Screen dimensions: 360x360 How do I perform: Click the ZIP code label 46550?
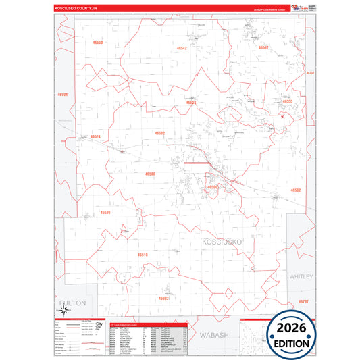coord(98,43)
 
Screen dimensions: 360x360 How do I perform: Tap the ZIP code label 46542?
coord(182,49)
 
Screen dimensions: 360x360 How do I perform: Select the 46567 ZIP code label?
coord(264,47)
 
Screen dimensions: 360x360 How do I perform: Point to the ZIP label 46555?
coord(288,101)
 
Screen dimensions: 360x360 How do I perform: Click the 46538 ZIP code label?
coord(191,103)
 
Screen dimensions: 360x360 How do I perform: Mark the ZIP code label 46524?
coord(95,137)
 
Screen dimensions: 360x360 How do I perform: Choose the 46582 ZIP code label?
coord(160,133)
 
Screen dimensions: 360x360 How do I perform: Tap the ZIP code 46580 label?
coord(150,174)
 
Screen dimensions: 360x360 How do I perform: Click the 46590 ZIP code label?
coord(213,187)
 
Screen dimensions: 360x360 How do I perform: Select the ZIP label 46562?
coord(296,190)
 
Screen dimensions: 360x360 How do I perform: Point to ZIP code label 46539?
coord(105,213)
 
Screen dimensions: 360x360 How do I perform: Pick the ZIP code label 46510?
coord(143,255)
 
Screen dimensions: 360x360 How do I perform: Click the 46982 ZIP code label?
coord(164,298)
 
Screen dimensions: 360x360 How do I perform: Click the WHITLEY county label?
coord(302,277)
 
